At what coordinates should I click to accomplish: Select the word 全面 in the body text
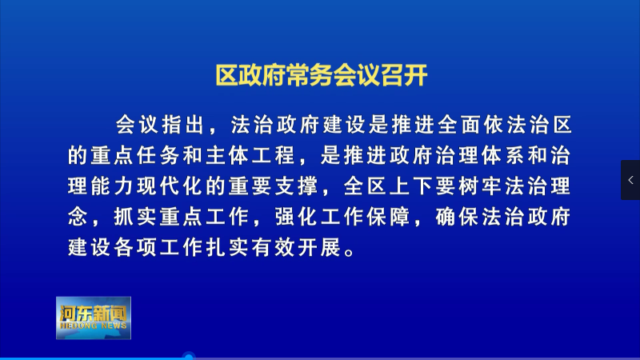tap(458, 125)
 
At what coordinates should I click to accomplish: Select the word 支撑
tap(296, 186)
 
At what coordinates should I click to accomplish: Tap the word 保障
tap(388, 216)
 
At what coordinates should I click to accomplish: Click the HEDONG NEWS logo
tap(94, 318)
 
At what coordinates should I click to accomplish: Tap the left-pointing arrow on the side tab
tap(630, 180)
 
